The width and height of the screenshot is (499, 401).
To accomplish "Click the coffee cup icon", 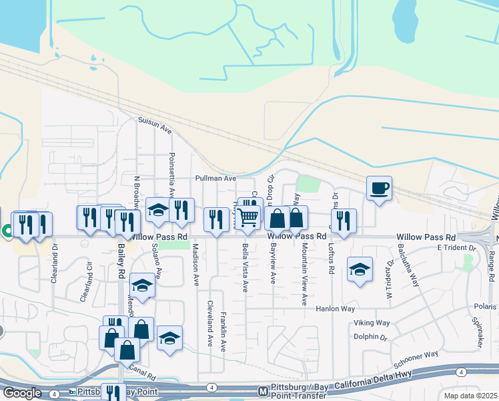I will click(x=380, y=188).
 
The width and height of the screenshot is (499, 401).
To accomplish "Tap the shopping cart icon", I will click(x=247, y=217).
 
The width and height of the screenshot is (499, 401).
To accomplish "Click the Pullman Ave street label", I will click(x=215, y=178).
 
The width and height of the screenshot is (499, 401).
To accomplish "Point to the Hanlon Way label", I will click(x=336, y=309).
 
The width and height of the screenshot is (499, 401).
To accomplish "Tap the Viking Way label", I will click(x=372, y=322).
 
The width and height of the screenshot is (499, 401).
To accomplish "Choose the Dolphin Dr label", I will click(x=370, y=338).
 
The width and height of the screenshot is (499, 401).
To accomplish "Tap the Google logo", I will click(x=21, y=393).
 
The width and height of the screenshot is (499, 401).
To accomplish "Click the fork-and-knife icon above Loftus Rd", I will click(x=344, y=221).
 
